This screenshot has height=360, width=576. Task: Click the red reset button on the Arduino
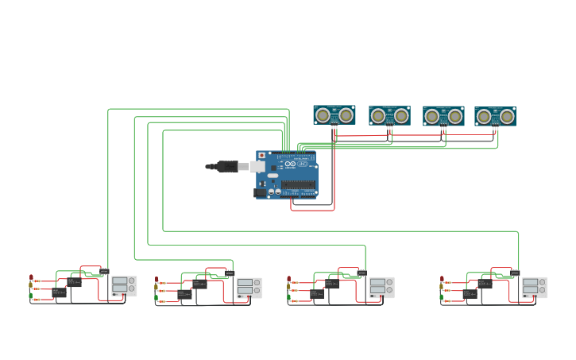click(x=262, y=155)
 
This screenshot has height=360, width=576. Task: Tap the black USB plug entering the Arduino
click(x=226, y=166)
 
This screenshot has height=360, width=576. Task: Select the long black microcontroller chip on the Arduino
click(x=298, y=184)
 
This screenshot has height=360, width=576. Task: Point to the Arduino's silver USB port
click(x=257, y=166)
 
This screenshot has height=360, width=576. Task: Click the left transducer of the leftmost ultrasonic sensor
click(x=323, y=115)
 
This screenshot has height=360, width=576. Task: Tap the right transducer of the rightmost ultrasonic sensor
click(x=507, y=117)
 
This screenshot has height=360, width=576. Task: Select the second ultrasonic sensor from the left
click(x=389, y=116)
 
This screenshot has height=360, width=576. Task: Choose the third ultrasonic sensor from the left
click(x=443, y=116)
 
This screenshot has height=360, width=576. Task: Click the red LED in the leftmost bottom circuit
click(x=31, y=278)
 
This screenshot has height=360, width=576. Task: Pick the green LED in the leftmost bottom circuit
click(x=31, y=296)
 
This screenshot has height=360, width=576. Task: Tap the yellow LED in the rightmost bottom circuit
click(x=442, y=289)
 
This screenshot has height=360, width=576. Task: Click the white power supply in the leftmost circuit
click(x=123, y=286)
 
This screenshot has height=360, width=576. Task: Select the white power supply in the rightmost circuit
click(x=534, y=288)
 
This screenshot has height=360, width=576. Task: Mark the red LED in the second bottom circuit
click(x=157, y=281)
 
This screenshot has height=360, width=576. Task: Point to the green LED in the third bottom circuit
click(x=289, y=300)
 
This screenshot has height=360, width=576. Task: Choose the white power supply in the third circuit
click(x=381, y=288)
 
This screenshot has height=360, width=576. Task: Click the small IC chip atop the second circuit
click(x=230, y=273)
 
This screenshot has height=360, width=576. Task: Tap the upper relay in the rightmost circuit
click(x=485, y=283)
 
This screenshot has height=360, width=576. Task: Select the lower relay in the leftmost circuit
click(x=60, y=292)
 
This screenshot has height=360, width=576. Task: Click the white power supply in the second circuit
click(x=249, y=288)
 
